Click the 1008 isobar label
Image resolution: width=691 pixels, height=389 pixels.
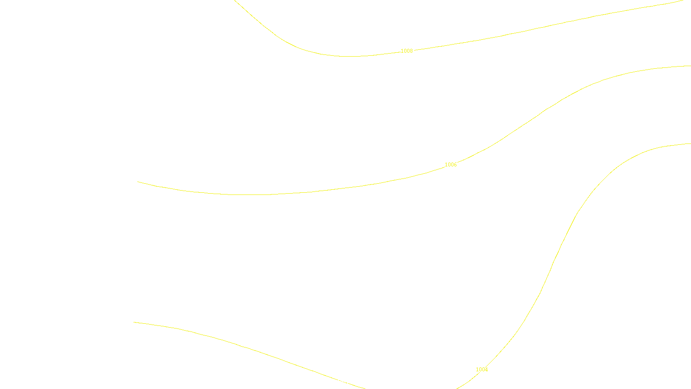407,51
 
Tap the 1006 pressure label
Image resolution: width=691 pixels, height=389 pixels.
450,165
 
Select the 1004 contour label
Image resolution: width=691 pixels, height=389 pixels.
482,370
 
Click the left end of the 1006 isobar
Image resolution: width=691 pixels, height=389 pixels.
138,182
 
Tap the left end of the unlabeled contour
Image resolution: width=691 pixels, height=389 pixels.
134,322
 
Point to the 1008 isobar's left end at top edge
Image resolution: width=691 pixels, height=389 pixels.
235,0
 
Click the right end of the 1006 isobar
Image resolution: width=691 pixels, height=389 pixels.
690,66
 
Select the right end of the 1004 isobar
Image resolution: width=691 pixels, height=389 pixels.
690,144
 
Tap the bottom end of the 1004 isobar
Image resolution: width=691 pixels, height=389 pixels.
457,388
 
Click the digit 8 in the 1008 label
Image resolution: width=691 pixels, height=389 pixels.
411,51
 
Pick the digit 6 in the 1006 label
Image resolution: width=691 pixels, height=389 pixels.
455,165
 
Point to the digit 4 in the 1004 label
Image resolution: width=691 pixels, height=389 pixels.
486,370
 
